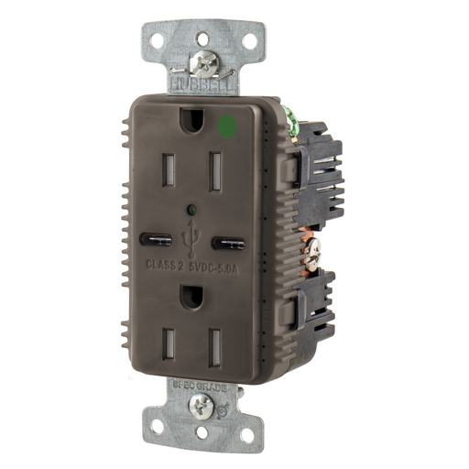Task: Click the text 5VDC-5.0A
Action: (x=216, y=268)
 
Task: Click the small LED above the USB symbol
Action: (x=188, y=210)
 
